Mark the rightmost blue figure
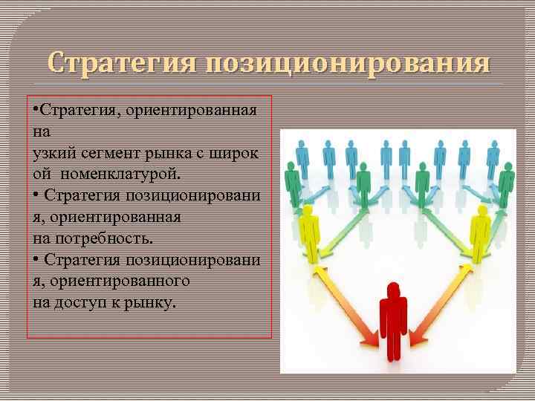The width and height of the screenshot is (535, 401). (493, 154)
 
